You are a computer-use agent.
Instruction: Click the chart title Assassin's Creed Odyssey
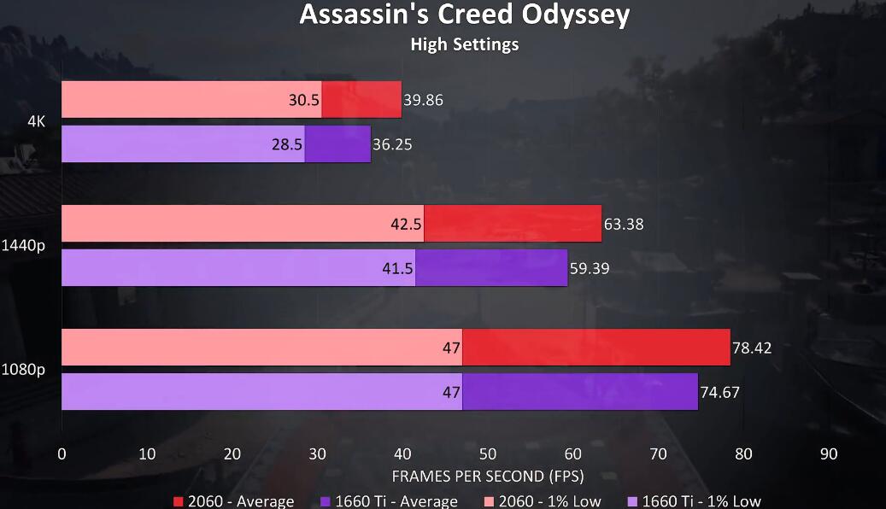[x=464, y=15]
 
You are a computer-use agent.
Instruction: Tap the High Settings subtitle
[x=464, y=44]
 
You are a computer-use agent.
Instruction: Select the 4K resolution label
[x=36, y=121]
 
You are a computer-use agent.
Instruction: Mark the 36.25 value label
[x=392, y=144]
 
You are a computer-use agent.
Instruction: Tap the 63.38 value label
[x=623, y=225]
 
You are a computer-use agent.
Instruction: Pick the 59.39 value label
[x=590, y=269]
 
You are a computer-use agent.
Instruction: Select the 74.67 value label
[x=719, y=393]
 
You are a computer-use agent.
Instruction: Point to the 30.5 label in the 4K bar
[x=304, y=100]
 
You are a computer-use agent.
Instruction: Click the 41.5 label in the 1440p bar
[x=398, y=269]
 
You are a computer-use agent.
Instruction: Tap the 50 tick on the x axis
[x=488, y=453]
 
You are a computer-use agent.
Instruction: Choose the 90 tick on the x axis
[x=829, y=453]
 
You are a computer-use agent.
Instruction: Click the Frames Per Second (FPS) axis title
[x=487, y=475]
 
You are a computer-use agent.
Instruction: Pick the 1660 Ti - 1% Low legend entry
[x=693, y=501]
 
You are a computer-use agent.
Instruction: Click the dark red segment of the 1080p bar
[x=596, y=348]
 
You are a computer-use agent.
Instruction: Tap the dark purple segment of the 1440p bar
[x=491, y=268]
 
